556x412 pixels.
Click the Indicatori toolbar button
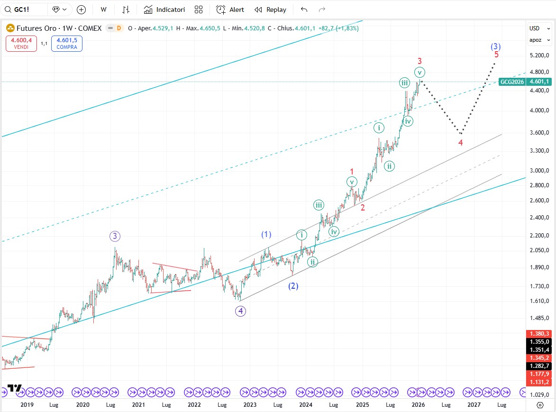tap(164, 9)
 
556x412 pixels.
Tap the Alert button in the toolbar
tap(230, 9)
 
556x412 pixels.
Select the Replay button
tap(270, 9)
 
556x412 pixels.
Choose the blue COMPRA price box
tap(66, 44)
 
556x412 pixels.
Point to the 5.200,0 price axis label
tap(539, 55)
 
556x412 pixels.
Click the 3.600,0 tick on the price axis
tap(539, 133)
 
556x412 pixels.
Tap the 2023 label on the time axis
tap(250, 405)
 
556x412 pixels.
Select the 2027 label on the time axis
tap(474, 405)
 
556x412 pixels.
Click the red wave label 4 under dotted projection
tap(460, 142)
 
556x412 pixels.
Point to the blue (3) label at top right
tap(495, 46)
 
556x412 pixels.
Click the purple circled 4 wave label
tap(241, 311)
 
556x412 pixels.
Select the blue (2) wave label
tap(293, 286)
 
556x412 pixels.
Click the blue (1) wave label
tap(266, 234)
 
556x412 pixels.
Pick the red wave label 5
tap(496, 55)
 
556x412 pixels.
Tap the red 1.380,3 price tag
tap(539, 334)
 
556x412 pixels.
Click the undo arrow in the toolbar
tap(304, 9)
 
